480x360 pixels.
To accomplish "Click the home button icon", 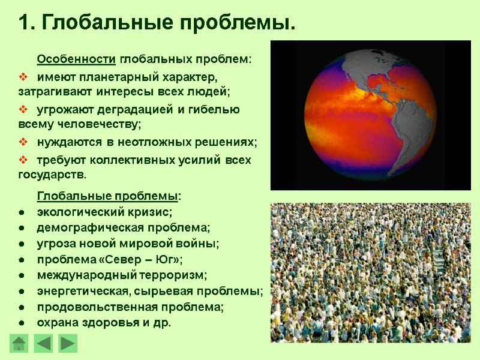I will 20,343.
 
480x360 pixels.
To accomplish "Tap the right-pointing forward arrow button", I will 68,343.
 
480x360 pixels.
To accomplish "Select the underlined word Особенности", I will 76,60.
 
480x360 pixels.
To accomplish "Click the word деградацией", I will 139,110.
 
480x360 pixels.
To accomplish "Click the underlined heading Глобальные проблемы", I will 107,197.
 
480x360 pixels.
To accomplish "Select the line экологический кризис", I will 104,212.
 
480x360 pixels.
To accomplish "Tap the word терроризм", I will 174,275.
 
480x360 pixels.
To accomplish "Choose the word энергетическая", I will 79,291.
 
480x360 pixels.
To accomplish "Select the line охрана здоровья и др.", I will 104,322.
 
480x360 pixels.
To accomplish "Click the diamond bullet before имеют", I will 24,77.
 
